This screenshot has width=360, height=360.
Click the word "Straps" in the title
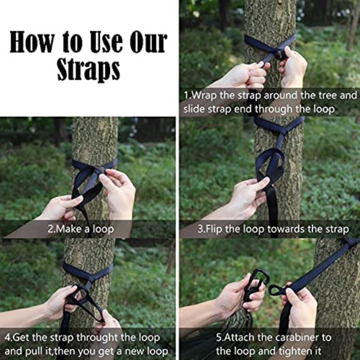[x=88, y=70]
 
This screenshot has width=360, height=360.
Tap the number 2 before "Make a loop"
[x=50, y=229]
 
